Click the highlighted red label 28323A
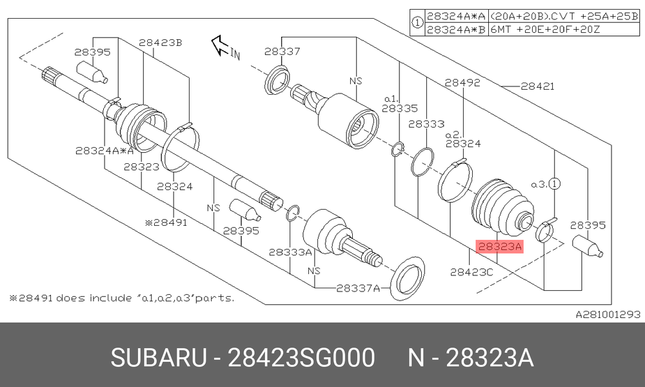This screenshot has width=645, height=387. tap(499, 246)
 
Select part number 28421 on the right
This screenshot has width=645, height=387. tap(538, 86)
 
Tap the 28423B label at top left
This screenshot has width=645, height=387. tap(161, 43)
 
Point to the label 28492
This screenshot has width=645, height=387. tap(462, 83)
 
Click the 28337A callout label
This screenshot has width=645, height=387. tap(358, 288)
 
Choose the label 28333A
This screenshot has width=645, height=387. tap(290, 252)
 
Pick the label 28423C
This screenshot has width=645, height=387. tap(471, 272)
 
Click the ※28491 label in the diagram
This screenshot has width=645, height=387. tap(166, 223)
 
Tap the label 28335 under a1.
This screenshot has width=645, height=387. tap(399, 108)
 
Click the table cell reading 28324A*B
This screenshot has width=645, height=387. tap(456, 30)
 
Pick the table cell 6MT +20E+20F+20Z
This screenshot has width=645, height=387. tap(546, 30)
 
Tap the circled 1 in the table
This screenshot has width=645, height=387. tap(417, 23)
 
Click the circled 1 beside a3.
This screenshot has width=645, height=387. tap(555, 184)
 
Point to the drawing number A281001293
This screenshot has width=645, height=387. tap(608, 315)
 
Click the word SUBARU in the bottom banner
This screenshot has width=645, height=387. tap(159, 357)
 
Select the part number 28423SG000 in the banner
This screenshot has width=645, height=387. tap(301, 357)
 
